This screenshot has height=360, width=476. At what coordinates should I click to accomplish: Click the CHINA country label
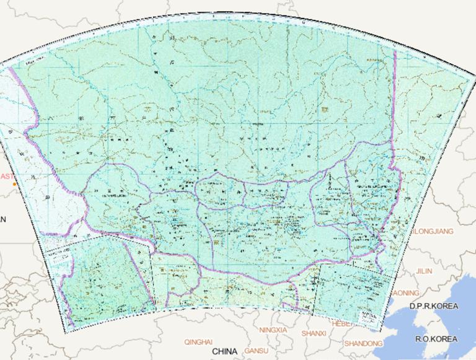point(224,351)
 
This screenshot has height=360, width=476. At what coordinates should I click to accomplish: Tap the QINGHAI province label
point(198,341)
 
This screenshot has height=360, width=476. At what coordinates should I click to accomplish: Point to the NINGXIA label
point(273,330)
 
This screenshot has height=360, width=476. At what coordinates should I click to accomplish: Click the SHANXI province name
point(313,333)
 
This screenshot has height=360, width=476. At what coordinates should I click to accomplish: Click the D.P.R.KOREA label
point(433,307)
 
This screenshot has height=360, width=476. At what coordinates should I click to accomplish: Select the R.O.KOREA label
point(436,339)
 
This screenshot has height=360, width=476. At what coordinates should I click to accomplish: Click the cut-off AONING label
point(406,292)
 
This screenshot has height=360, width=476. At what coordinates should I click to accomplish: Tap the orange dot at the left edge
point(14,184)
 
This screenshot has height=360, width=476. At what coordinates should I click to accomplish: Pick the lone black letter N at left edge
point(3,219)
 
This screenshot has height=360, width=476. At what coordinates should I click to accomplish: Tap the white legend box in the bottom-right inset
point(371,317)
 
